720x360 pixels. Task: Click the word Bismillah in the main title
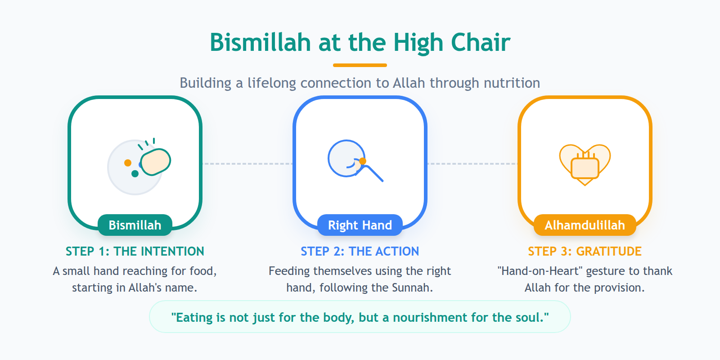[260, 43]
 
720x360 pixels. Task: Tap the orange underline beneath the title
[360, 65]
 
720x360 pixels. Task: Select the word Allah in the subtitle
[409, 83]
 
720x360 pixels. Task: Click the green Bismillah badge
[135, 225]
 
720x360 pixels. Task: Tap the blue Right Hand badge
[360, 225]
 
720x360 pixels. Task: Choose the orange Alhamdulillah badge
[585, 225]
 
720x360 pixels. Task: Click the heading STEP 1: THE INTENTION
[135, 251]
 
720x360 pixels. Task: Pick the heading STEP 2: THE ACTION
[360, 251]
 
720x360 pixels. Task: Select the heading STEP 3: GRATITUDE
[585, 251]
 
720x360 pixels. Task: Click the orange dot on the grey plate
[128, 163]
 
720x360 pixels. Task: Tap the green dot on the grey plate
[135, 174]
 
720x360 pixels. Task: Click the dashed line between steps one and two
[247, 164]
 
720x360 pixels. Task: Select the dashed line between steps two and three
[472, 164]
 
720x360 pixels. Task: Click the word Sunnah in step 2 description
[411, 288]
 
